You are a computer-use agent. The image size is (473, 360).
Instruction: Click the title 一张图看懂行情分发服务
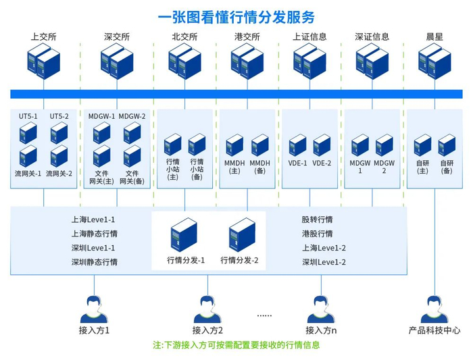[236, 17]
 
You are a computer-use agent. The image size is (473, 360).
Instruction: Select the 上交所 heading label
[44, 37]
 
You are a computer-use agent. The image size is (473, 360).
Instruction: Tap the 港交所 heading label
[247, 37]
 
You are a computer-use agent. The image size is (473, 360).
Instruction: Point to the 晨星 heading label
[434, 37]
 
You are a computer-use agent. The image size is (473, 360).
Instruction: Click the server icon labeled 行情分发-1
[184, 234]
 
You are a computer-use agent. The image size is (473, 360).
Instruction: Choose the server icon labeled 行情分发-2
[243, 234]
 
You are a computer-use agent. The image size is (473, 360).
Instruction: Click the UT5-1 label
[28, 116]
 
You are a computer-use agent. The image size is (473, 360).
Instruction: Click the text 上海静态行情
[94, 234]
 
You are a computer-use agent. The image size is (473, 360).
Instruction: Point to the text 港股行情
[317, 234]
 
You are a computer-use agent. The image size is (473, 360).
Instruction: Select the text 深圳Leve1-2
[324, 263]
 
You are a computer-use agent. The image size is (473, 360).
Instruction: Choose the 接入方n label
[321, 331]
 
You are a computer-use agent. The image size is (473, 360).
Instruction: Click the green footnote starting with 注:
[236, 345]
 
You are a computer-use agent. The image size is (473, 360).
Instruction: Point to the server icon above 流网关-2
[59, 156]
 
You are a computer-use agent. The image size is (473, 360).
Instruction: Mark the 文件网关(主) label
[101, 177]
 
